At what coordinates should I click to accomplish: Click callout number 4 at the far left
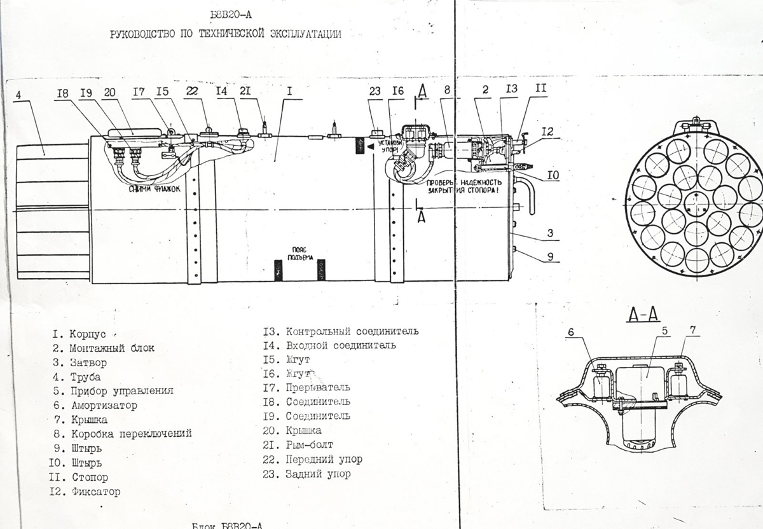click(x=18, y=94)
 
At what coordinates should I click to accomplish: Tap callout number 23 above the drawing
click(x=375, y=92)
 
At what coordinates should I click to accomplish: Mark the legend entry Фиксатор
click(x=95, y=491)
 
